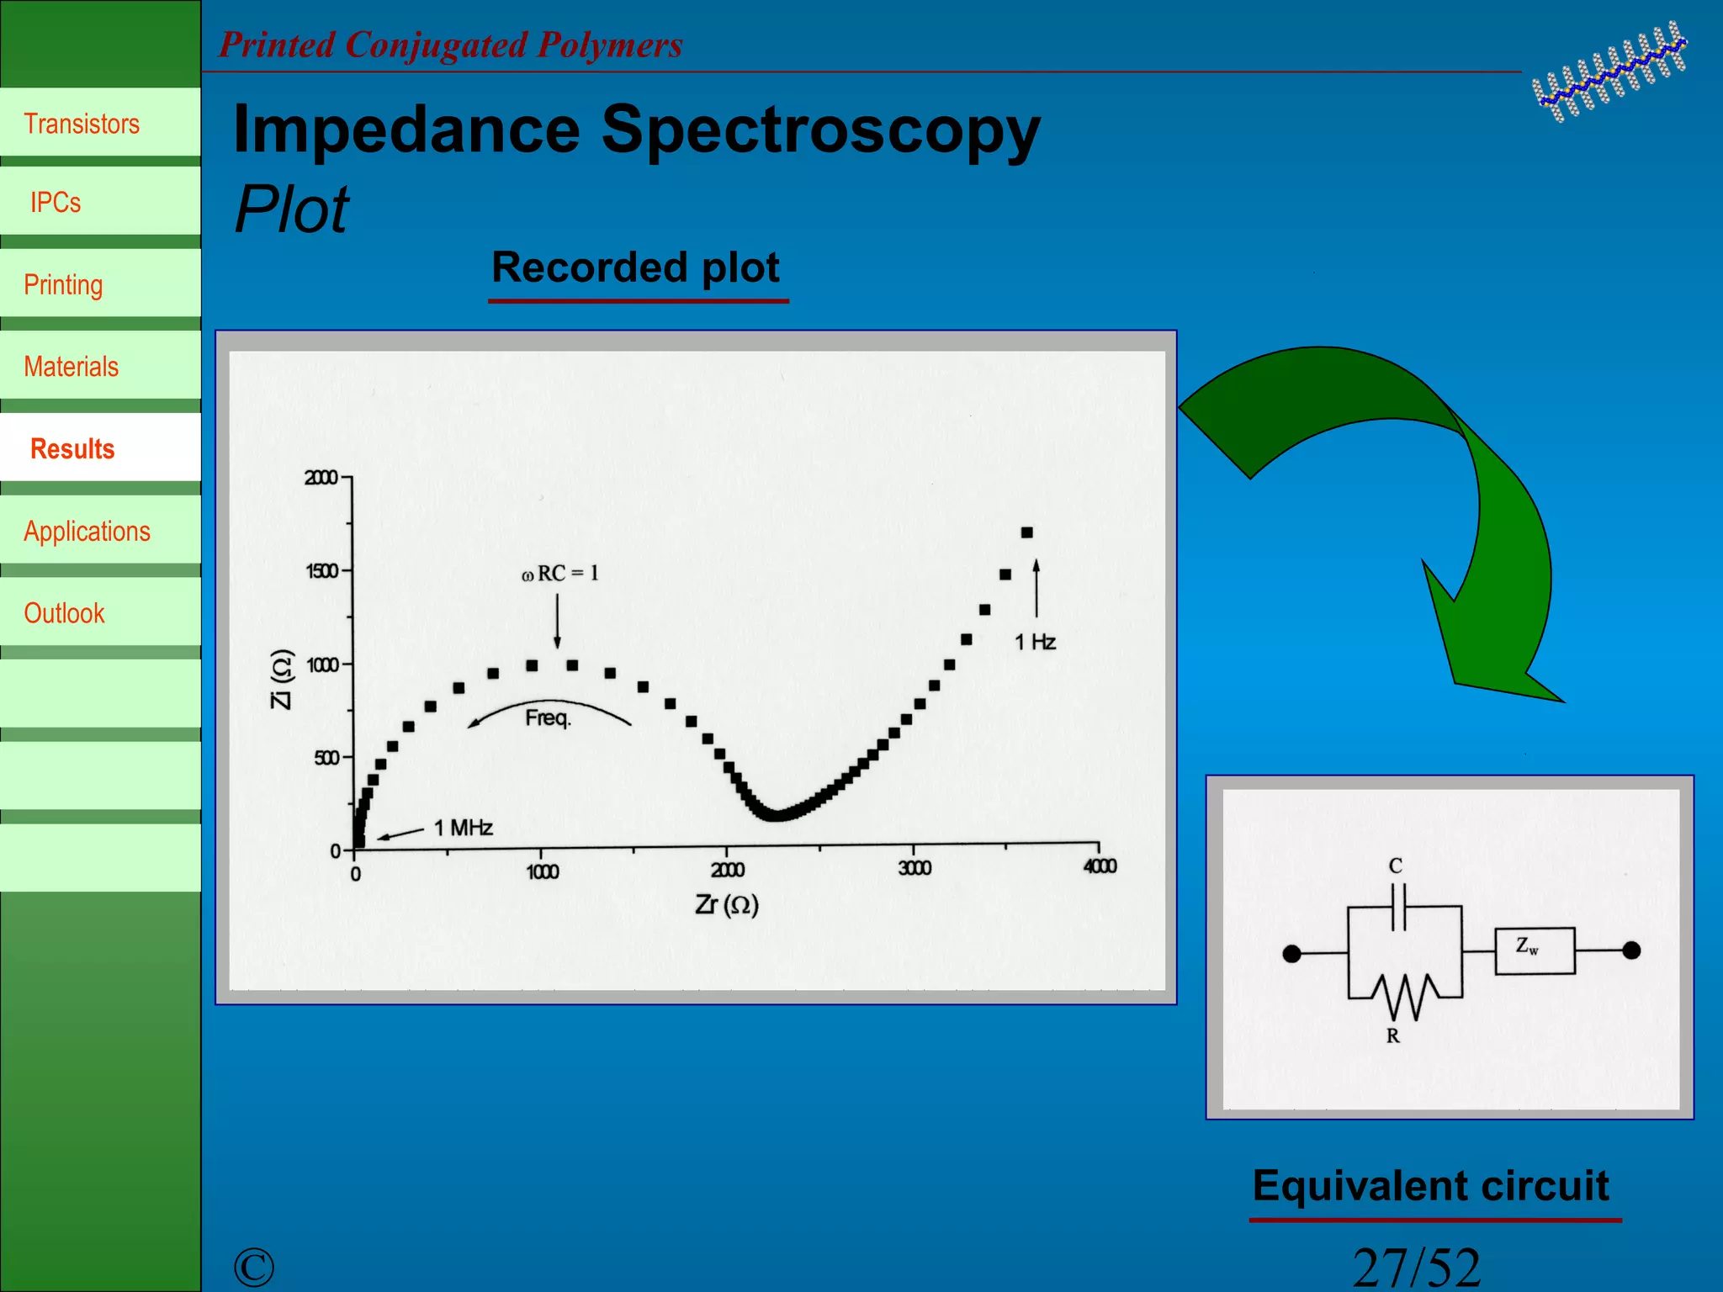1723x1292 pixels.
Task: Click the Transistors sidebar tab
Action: click(82, 124)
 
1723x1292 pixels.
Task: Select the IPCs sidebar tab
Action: click(56, 203)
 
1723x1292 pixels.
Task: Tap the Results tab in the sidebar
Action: click(72, 449)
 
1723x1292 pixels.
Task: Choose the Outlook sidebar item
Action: click(64, 613)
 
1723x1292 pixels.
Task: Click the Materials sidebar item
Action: click(71, 367)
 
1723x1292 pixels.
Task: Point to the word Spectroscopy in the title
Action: click(820, 130)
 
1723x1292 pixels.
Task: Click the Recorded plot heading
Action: click(636, 267)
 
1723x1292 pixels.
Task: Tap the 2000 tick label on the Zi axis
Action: click(321, 478)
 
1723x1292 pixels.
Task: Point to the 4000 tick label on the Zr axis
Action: click(1100, 866)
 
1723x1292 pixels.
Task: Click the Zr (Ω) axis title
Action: click(727, 905)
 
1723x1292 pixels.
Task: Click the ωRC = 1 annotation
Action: click(560, 574)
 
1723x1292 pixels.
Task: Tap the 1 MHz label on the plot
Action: click(463, 828)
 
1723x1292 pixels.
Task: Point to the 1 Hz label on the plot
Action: click(1035, 643)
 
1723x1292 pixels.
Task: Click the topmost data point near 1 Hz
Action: click(1026, 532)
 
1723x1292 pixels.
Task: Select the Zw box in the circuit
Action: click(1535, 950)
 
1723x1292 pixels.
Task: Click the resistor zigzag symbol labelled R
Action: click(1405, 997)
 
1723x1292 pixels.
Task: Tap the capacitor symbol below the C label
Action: click(1398, 908)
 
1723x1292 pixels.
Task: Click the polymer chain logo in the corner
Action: click(1609, 72)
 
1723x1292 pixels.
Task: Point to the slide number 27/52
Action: click(1416, 1267)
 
